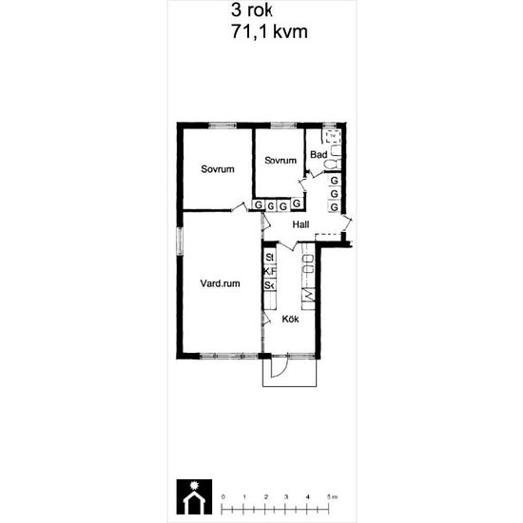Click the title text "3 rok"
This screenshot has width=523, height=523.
(252, 10)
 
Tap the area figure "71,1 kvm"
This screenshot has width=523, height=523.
(268, 31)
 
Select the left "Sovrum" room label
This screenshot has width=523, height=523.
(218, 169)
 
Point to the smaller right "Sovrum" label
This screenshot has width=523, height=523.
(281, 160)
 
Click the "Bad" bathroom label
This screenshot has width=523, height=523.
(319, 154)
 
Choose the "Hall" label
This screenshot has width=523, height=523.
(301, 224)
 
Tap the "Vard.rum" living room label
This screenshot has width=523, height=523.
(220, 283)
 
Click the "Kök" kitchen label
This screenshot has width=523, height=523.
(290, 320)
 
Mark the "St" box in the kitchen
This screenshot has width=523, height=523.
(269, 258)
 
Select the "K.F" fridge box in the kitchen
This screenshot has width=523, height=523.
(269, 271)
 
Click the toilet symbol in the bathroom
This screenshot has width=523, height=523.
(329, 165)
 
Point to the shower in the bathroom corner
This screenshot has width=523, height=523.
(333, 137)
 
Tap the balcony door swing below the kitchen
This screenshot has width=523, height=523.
(279, 367)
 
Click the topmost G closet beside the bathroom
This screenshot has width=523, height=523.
(334, 180)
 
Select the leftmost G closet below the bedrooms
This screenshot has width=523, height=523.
(259, 204)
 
